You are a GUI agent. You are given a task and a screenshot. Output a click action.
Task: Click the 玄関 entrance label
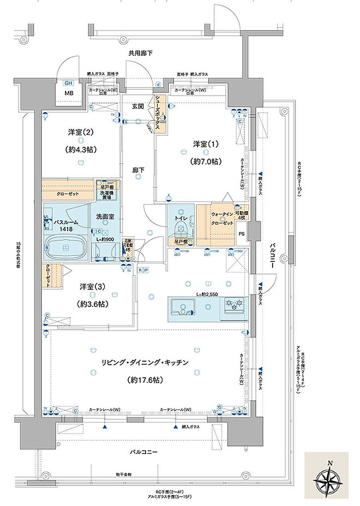[x=138, y=106]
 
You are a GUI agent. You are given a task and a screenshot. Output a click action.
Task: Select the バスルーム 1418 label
[x=66, y=226]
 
